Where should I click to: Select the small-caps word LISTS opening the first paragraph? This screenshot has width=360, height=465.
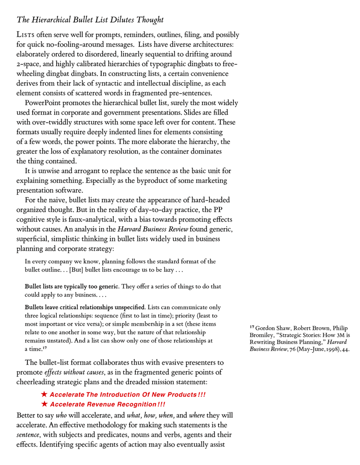(x=25, y=36)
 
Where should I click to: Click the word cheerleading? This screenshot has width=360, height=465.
(x=39, y=382)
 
